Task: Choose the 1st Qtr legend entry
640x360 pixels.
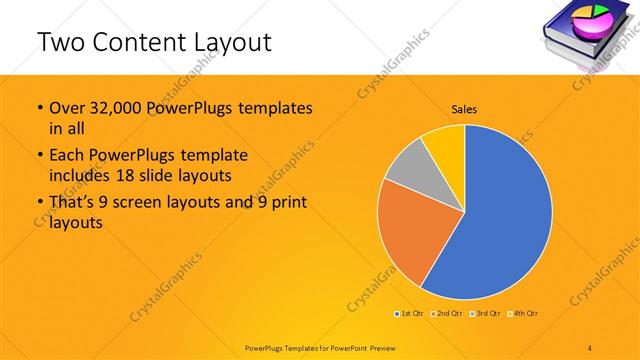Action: click(x=410, y=314)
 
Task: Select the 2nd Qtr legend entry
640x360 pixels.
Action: click(x=449, y=314)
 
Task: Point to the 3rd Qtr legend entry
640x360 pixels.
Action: click(x=486, y=314)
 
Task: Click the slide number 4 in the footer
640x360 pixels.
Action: click(x=591, y=347)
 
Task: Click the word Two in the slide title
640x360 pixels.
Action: click(x=61, y=42)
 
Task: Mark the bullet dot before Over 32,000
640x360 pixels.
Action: click(x=39, y=108)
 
